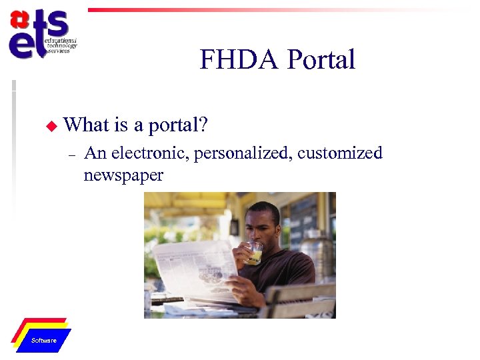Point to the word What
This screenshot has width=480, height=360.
(87, 124)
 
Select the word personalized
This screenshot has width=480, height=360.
(243, 154)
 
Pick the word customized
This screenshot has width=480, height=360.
(340, 153)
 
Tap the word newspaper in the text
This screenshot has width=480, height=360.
(123, 175)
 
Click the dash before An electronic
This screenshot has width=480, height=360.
(71, 155)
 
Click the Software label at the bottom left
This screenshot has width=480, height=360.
(44, 341)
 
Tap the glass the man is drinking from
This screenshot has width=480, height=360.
(254, 253)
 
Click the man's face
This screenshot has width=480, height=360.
(259, 227)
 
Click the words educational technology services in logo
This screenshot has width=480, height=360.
(61, 45)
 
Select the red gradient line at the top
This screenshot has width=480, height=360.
(267, 10)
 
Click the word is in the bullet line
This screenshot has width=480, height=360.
(121, 124)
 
